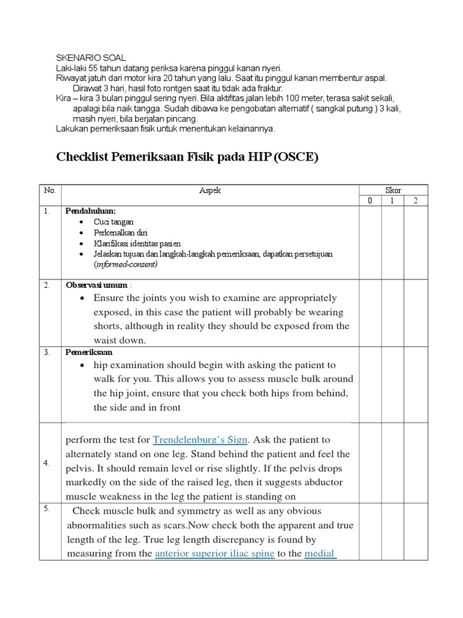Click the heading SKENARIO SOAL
coord(90,57)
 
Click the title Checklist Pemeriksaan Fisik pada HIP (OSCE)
coord(186,158)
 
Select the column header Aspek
coord(210,190)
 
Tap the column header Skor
coord(393,190)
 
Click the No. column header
coord(49,190)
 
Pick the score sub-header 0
coord(370,201)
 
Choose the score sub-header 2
coord(416,201)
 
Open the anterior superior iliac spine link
coord(215,553)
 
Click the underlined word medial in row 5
coord(320,553)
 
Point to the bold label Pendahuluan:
coord(91,212)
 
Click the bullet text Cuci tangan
coord(113,222)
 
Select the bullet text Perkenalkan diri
coord(121,232)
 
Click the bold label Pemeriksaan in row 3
coord(89,352)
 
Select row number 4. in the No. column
coord(46,463)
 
